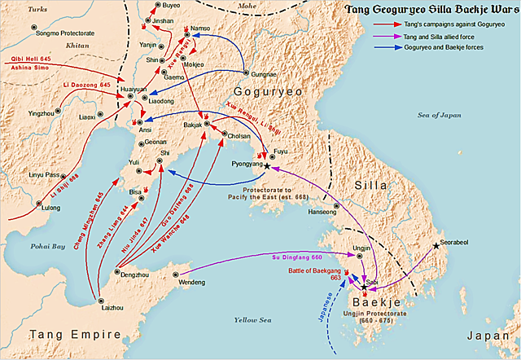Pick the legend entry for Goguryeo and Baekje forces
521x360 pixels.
[450, 47]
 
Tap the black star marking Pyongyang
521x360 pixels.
[265, 165]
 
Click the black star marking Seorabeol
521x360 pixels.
[437, 245]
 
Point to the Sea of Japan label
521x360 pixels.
[439, 116]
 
